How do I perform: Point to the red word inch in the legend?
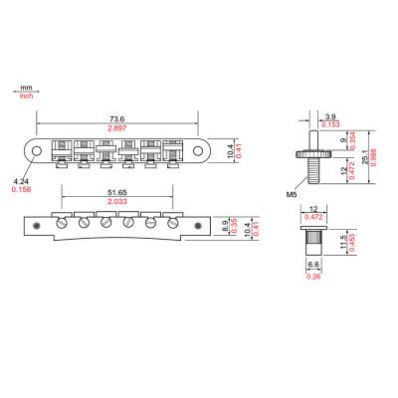pos(27,98)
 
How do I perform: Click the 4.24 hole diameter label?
pos(20,180)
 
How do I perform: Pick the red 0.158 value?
pos(21,189)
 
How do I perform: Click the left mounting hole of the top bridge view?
pos(37,150)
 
